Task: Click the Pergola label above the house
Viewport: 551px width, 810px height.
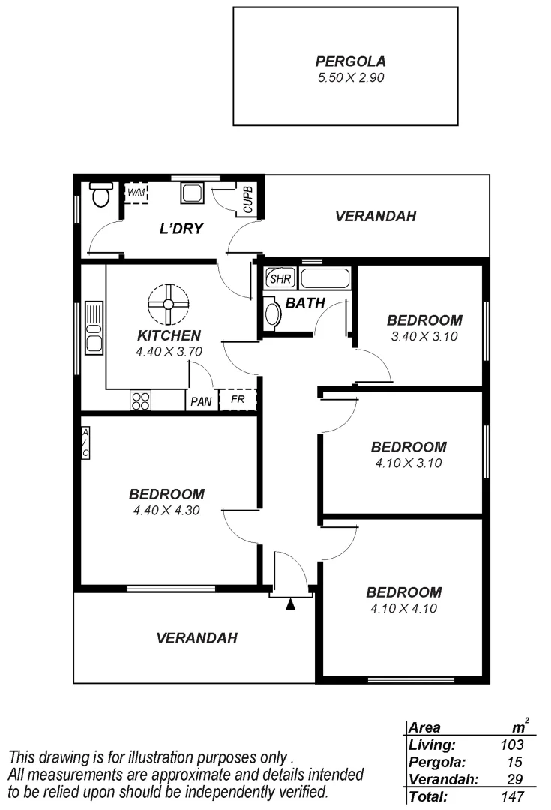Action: pos(345,61)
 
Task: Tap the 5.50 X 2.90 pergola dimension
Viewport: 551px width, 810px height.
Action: pos(345,76)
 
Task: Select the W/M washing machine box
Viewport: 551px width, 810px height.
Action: pos(136,193)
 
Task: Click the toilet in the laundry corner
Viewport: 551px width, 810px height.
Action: pos(100,195)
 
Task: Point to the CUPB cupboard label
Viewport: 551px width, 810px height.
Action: pos(247,199)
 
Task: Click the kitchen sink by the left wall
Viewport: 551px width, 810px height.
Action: pos(94,327)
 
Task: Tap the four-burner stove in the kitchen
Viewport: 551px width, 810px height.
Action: pos(140,400)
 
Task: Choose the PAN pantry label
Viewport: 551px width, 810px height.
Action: pos(201,401)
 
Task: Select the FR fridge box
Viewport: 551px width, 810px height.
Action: pos(237,399)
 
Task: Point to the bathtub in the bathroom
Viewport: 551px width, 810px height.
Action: pos(325,278)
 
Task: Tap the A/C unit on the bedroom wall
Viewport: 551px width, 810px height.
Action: pos(85,442)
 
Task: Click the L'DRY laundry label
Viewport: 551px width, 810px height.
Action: pos(181,229)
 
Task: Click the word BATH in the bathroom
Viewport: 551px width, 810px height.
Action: pos(305,304)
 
